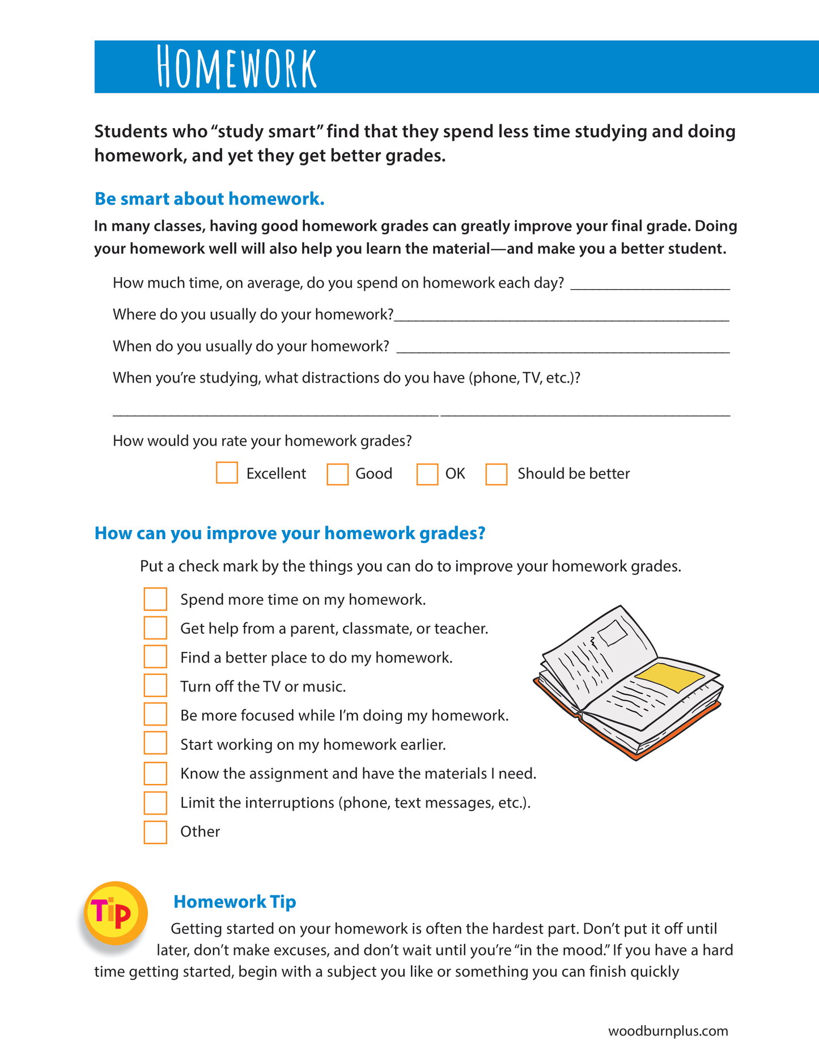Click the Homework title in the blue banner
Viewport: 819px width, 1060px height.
pyautogui.click(x=236, y=67)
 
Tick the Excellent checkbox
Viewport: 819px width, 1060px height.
pyautogui.click(x=227, y=473)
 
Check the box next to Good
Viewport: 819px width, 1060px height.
pyautogui.click(x=337, y=474)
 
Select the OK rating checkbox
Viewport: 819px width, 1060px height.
pyautogui.click(x=427, y=474)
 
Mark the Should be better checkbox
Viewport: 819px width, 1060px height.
pyautogui.click(x=496, y=474)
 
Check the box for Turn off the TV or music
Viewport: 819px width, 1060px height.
pyautogui.click(x=155, y=685)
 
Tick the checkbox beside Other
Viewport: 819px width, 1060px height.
pyautogui.click(x=155, y=832)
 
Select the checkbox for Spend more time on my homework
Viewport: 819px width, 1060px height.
pyautogui.click(x=155, y=599)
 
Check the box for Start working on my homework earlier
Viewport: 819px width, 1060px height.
pyautogui.click(x=155, y=743)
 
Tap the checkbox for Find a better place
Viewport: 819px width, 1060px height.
pyautogui.click(x=155, y=656)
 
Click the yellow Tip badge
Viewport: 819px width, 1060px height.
pyautogui.click(x=116, y=912)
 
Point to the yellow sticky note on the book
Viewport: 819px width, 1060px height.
pyautogui.click(x=669, y=676)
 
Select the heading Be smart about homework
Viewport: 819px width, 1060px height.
pyautogui.click(x=209, y=199)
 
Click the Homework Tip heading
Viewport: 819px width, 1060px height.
pyautogui.click(x=235, y=901)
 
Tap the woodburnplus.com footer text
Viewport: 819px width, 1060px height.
pyautogui.click(x=668, y=1031)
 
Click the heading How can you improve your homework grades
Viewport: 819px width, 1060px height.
pyautogui.click(x=290, y=533)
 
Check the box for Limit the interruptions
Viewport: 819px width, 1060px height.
pyautogui.click(x=155, y=803)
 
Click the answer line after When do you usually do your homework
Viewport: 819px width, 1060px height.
pyautogui.click(x=563, y=348)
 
